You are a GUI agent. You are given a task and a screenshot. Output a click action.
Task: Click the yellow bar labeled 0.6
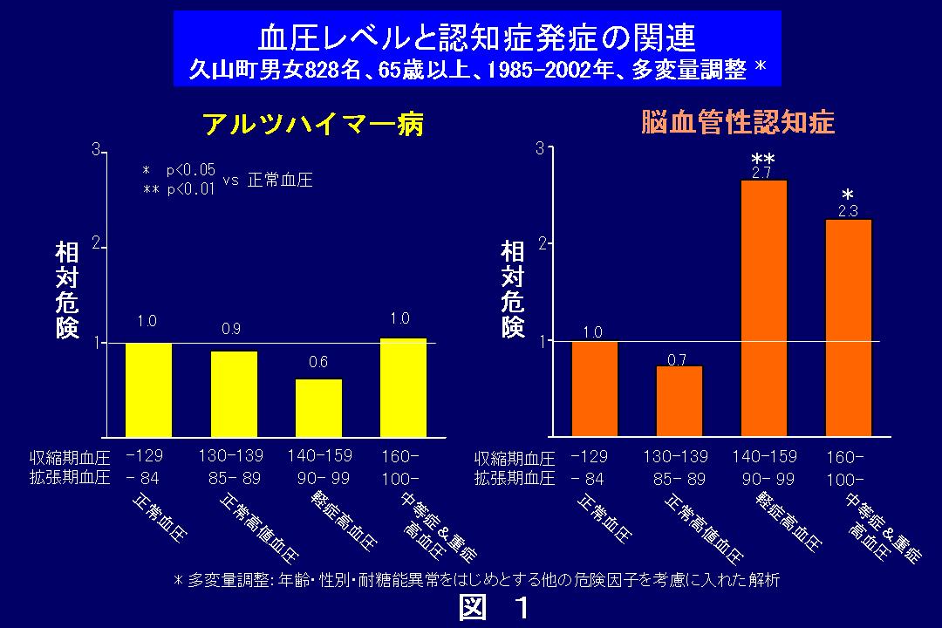pos(318,406)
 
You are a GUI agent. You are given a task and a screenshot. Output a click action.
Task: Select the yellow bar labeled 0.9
pos(234,392)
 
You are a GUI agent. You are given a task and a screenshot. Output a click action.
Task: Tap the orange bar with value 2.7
pos(763,307)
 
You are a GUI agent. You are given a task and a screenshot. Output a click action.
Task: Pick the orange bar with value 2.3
pos(848,327)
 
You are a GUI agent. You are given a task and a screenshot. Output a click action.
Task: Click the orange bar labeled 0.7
pos(679,400)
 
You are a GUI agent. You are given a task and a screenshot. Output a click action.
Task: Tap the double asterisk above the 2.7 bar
pos(762,160)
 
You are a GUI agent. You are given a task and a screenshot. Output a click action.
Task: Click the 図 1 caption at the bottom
pos(494,608)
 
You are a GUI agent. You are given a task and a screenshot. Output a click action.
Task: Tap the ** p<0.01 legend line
pos(179,189)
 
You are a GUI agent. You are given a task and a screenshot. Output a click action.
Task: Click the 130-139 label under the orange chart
pos(675,456)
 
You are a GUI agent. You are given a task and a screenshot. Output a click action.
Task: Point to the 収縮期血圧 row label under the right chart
pos(515,459)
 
